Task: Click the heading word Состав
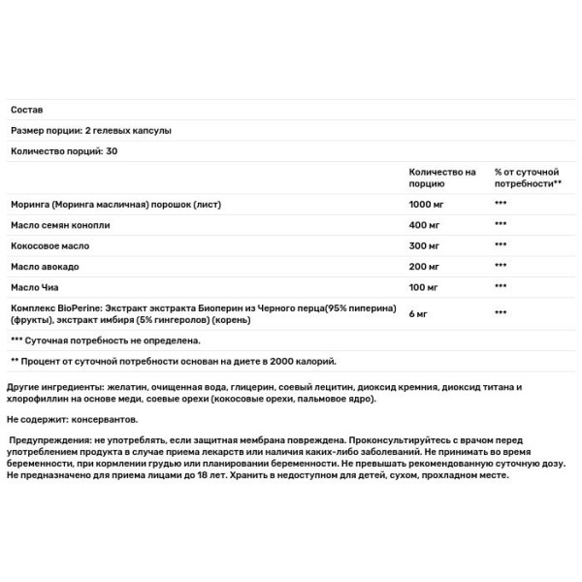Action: (x=26, y=110)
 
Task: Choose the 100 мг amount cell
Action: (x=425, y=288)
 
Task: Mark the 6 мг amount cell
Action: (x=419, y=313)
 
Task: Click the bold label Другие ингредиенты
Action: (x=58, y=386)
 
